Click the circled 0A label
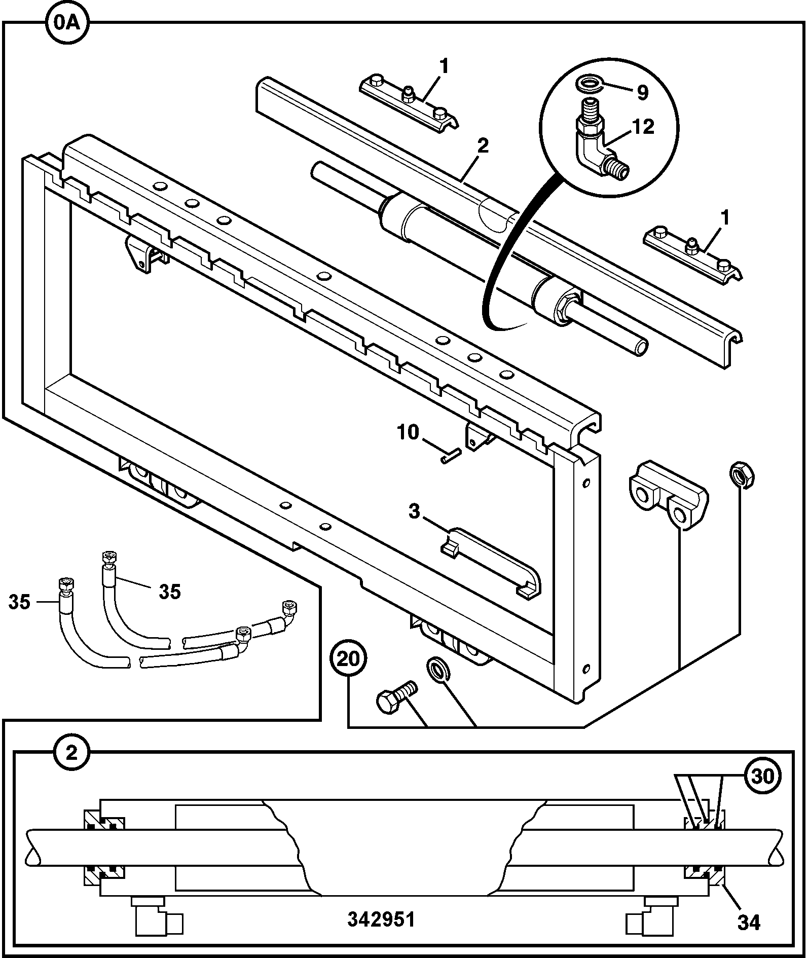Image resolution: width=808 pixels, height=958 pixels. pyautogui.click(x=67, y=23)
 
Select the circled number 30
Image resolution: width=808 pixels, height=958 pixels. pyautogui.click(x=762, y=776)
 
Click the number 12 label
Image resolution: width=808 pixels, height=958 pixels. pyautogui.click(x=643, y=127)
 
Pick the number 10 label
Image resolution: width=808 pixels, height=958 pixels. pyautogui.click(x=408, y=432)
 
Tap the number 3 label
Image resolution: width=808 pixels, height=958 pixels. pyautogui.click(x=414, y=511)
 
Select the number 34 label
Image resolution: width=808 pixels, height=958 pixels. pyautogui.click(x=749, y=923)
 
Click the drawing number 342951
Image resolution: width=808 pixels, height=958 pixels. pyautogui.click(x=381, y=919)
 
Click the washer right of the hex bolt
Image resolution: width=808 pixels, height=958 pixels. pyautogui.click(x=439, y=668)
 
